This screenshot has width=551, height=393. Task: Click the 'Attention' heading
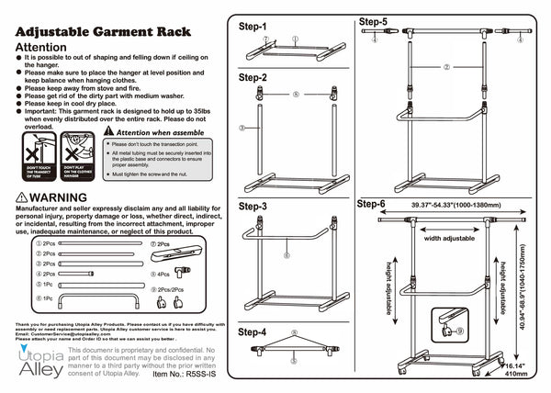[41, 47]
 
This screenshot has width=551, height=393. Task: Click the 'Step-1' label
[253, 27]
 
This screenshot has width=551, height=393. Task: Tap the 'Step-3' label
[253, 208]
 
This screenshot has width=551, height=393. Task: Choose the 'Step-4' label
[253, 331]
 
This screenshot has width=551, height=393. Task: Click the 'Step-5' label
[372, 21]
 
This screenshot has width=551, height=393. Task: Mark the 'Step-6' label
[372, 203]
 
